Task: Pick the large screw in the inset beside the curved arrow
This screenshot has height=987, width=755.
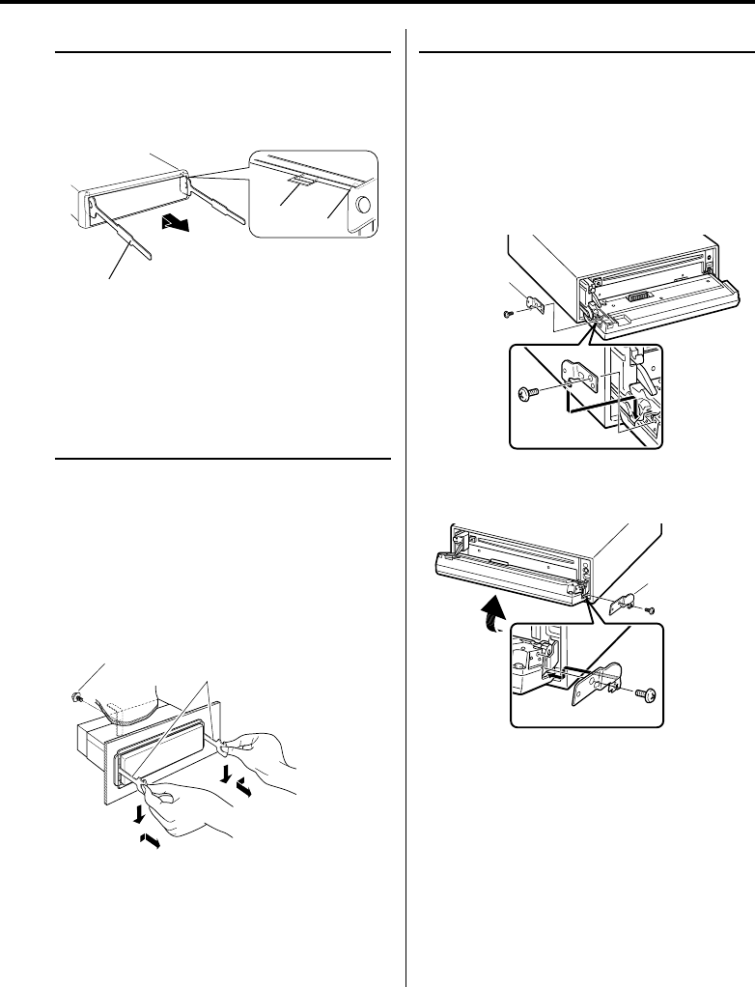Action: (646, 694)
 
